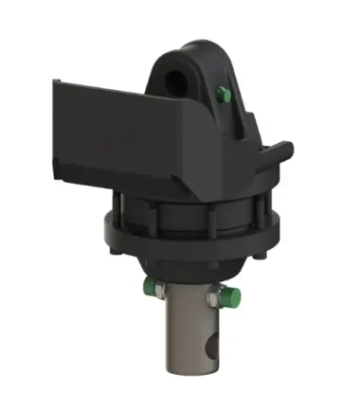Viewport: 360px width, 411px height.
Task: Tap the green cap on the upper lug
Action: [225, 92]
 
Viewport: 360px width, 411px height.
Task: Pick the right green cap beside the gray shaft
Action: [225, 297]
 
